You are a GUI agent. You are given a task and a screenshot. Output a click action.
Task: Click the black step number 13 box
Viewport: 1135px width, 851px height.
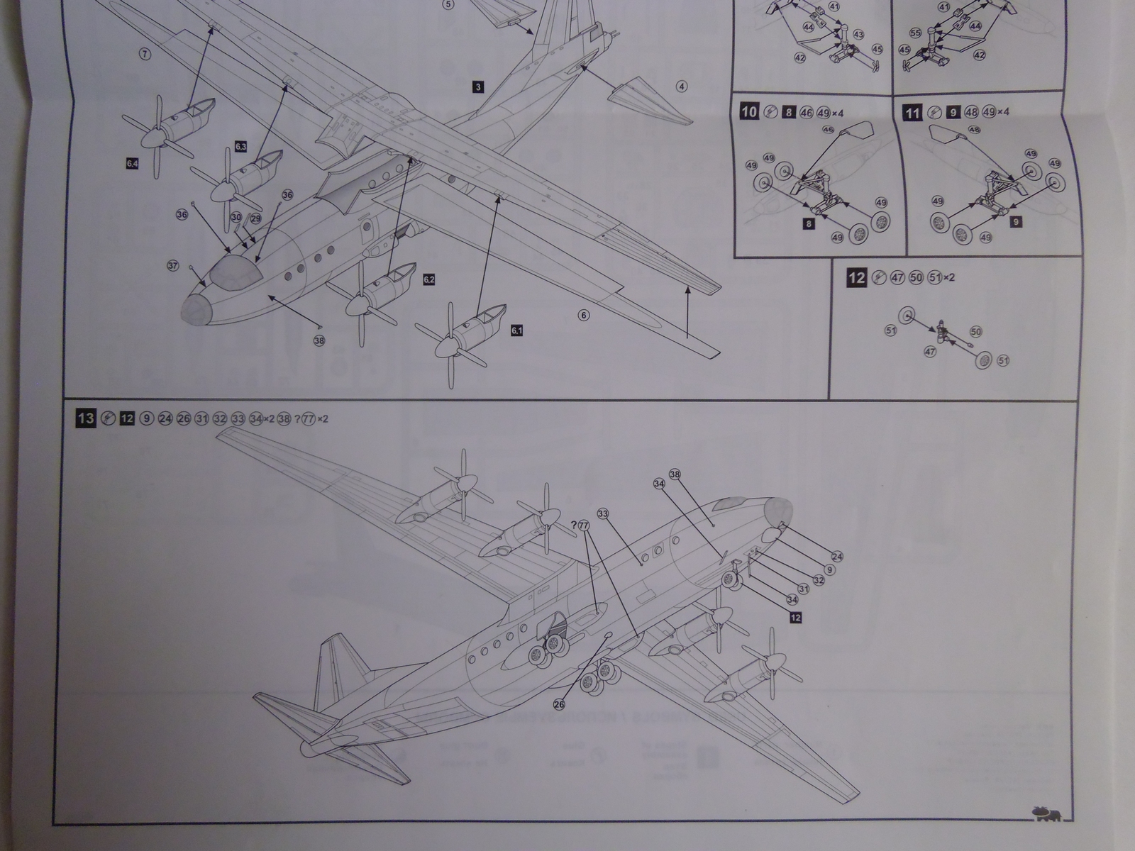click(85, 418)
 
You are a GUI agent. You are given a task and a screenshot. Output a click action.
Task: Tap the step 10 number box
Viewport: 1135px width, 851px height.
click(749, 112)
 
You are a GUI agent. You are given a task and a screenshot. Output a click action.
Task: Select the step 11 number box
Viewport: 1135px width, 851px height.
click(914, 112)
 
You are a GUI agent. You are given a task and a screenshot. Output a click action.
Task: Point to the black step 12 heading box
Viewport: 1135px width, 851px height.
click(856, 277)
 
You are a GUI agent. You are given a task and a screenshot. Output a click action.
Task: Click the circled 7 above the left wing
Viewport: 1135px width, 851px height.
click(145, 54)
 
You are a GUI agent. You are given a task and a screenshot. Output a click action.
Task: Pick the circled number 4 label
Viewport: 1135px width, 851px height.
click(682, 87)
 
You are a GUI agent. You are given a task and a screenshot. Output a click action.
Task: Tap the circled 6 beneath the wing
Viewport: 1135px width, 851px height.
click(584, 316)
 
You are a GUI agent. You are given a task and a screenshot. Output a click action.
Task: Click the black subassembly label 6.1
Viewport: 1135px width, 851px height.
click(516, 330)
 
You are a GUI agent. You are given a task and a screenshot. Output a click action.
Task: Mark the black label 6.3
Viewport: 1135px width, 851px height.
click(240, 147)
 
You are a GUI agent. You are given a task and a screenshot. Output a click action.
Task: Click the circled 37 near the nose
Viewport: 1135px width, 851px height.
click(172, 265)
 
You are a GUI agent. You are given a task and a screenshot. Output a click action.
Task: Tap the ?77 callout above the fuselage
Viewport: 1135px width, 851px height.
click(581, 525)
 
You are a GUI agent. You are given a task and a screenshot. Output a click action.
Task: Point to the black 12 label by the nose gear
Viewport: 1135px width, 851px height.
click(795, 618)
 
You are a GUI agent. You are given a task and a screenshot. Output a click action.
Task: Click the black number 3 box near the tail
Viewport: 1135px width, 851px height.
click(478, 87)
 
